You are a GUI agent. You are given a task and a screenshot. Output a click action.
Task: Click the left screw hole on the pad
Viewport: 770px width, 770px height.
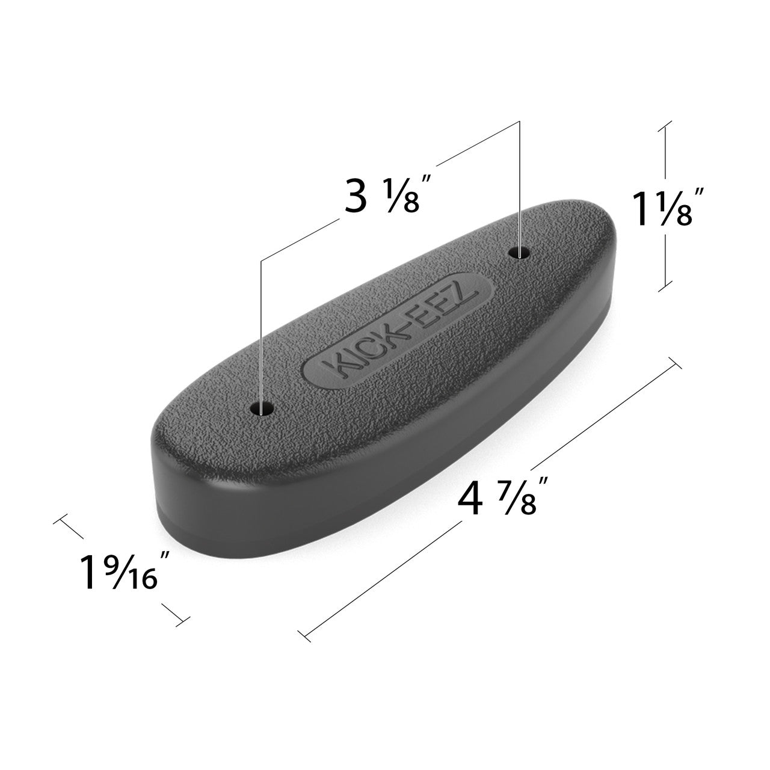tap(262, 410)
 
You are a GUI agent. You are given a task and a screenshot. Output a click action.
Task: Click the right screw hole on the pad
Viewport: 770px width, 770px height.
tap(520, 253)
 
